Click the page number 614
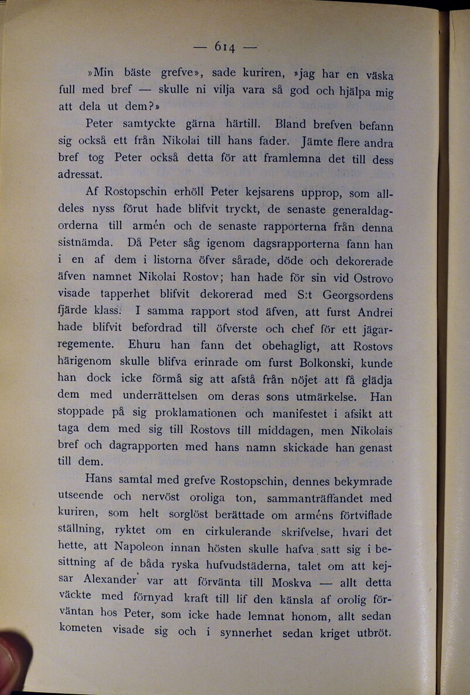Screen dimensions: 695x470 225,46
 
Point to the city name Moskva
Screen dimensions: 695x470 291,583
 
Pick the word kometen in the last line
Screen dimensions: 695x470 81,629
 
